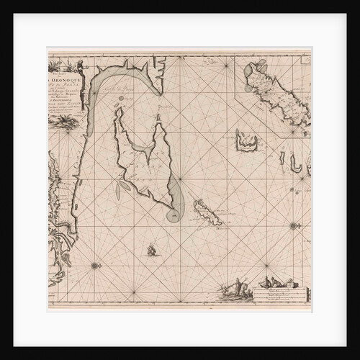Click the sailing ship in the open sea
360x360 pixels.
click(152, 251)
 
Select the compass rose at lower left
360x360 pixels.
click(94, 266)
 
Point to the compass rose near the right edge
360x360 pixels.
click(294, 226)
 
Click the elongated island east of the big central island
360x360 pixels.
click(207, 213)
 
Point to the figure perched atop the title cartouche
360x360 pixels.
click(84, 67)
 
